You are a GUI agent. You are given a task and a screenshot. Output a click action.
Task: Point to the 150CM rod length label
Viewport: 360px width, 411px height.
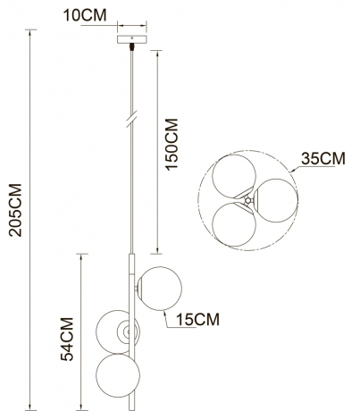click(173, 143)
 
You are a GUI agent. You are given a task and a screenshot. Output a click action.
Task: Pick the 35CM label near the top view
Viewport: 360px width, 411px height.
click(322, 160)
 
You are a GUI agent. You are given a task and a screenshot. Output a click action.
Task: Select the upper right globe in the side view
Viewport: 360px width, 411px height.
click(160, 288)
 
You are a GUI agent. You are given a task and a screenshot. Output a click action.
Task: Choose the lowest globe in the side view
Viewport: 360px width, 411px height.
click(120, 376)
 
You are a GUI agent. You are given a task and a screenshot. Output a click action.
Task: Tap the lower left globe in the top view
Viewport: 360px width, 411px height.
click(232, 222)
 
